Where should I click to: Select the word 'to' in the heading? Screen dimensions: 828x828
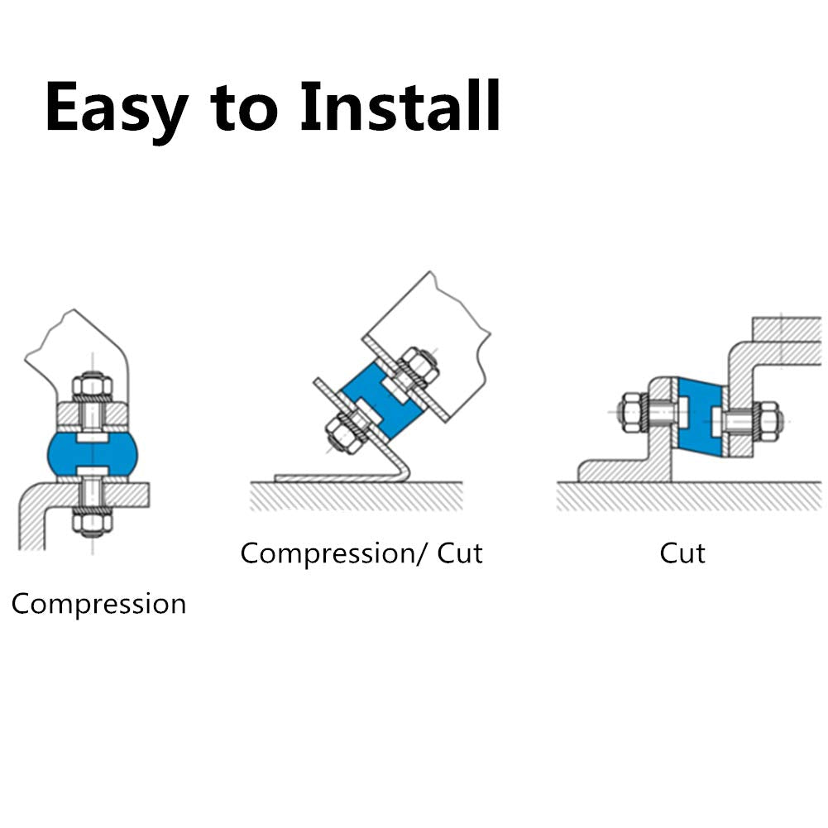pos(243,108)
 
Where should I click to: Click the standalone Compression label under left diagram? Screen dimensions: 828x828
pos(98,604)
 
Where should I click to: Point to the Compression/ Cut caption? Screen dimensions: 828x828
pos(361,553)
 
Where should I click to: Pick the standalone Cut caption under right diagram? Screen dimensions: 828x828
pos(682,553)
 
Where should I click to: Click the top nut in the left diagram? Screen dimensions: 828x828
pos(93,386)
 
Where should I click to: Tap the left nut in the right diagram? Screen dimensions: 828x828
pos(633,413)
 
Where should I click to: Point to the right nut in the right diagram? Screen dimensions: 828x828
pos(769,421)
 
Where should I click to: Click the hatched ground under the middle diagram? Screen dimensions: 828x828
pos(357,496)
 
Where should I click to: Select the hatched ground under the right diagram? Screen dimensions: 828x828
pos(689,496)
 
